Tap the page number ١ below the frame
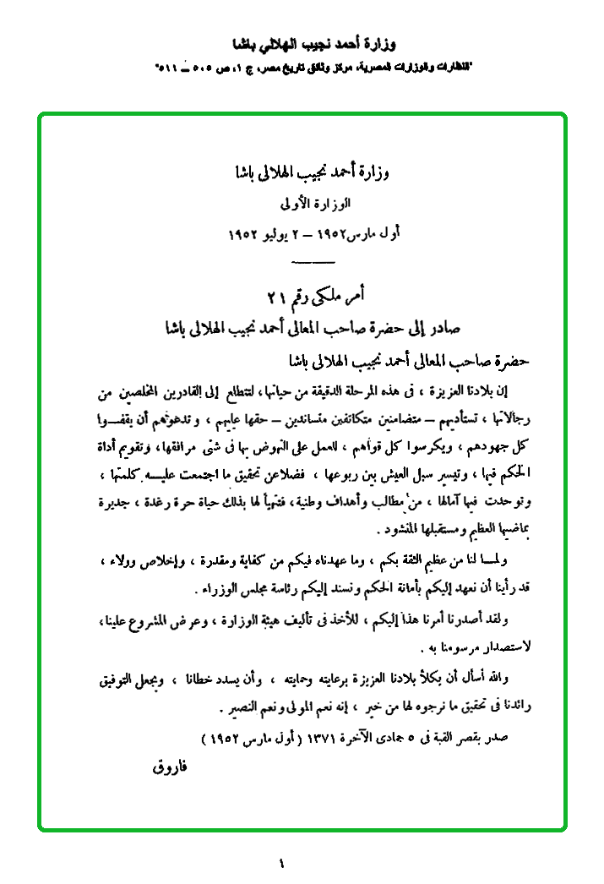pos(281,863)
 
